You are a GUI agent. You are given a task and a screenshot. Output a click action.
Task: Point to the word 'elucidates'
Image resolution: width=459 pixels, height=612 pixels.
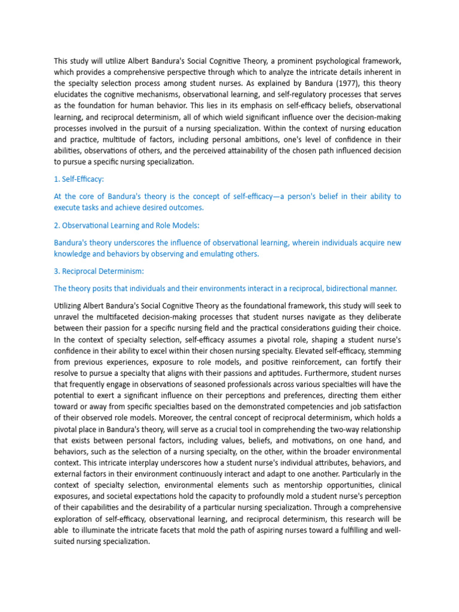tap(73, 94)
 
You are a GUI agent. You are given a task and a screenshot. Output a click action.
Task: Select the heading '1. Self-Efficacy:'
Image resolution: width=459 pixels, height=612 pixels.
tap(78, 179)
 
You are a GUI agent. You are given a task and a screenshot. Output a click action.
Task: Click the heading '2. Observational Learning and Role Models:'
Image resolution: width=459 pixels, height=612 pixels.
tap(126, 225)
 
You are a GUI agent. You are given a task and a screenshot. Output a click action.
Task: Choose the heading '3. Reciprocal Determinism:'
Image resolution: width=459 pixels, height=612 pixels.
tap(99, 271)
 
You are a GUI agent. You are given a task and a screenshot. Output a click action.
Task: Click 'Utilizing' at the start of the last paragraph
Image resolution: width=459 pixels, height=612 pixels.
tap(70, 305)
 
